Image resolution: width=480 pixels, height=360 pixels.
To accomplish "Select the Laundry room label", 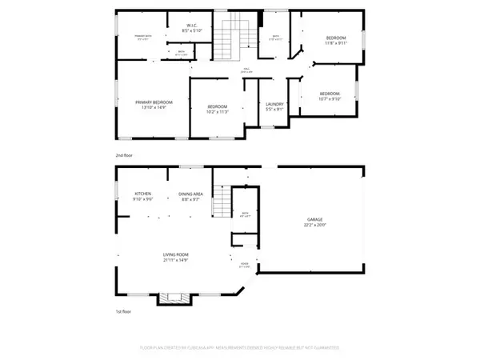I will coord(274,104).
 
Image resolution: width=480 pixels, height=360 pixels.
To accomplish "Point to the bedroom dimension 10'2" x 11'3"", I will coord(218,112).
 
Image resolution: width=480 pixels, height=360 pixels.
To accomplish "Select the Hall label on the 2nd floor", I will coord(249,70).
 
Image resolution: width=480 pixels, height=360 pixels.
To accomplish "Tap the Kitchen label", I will coord(143,194).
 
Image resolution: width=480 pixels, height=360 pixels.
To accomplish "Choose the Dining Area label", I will coord(190,194).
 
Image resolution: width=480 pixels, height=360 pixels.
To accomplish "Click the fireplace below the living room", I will coord(174,298).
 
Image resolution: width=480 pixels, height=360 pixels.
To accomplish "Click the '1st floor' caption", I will coord(124,311).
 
